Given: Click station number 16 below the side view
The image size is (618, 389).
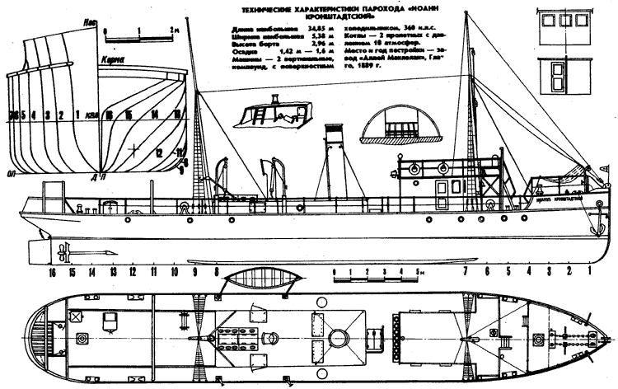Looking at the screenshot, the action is (x=52, y=271).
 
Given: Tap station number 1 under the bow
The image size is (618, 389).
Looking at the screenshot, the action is (x=590, y=271).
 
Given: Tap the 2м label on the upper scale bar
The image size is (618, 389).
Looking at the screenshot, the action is (x=172, y=28).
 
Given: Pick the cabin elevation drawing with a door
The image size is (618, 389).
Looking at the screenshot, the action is (x=552, y=80).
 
